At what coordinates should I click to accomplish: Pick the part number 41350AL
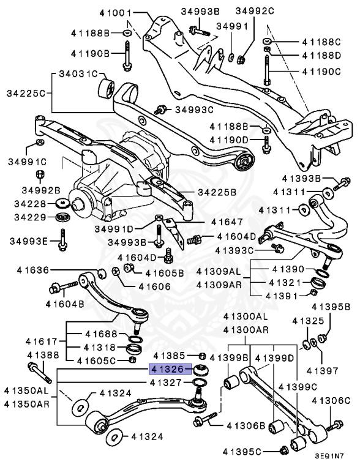click(x=25, y=390)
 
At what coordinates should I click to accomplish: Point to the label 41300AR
click(x=245, y=330)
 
